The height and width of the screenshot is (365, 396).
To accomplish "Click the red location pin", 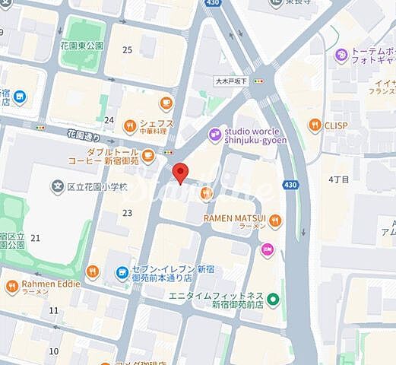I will (180, 172).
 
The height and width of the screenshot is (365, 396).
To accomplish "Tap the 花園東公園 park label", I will (82, 46).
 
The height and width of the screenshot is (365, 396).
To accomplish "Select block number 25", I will (127, 50).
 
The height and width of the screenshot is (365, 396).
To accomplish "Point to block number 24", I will (109, 120).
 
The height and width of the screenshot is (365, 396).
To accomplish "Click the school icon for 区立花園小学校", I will (56, 186).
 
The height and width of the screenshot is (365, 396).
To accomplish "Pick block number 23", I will (127, 213).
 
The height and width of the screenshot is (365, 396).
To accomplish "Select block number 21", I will (35, 238).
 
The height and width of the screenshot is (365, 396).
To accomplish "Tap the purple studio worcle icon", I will (215, 135).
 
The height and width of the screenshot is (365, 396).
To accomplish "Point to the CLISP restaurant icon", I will (315, 125).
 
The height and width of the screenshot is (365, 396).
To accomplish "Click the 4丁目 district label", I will (338, 179).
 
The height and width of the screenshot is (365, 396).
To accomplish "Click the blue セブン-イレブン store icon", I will (122, 271).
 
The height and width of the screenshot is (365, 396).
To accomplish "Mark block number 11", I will (53, 310).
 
